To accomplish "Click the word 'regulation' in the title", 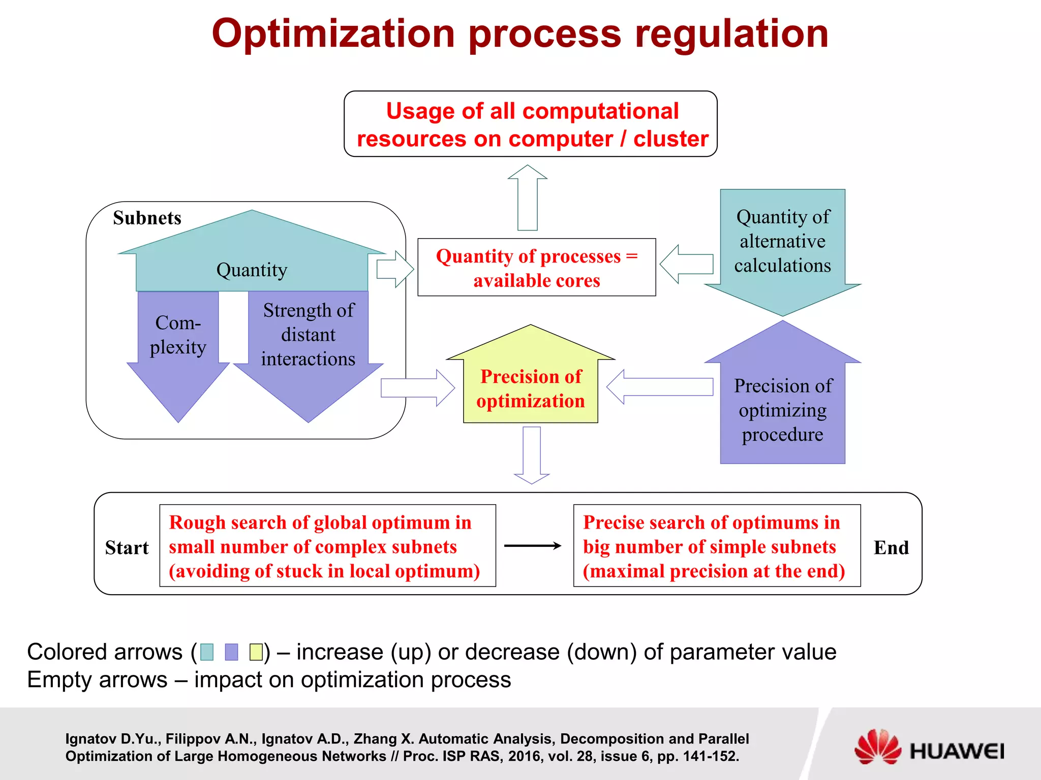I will (731, 34).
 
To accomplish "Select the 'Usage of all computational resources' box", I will (530, 124).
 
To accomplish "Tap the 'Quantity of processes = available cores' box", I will (536, 268).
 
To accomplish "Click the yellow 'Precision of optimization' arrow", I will (530, 386).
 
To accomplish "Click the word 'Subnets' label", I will (147, 218).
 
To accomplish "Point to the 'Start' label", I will (127, 547).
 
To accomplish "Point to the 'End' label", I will (891, 547).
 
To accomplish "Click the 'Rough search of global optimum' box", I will (327, 546).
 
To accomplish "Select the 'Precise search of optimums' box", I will (716, 546).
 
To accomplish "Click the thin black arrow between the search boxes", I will (532, 546).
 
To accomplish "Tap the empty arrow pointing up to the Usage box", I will (528, 198).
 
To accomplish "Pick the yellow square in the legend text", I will (256, 652).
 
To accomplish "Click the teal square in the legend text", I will (207, 652).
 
